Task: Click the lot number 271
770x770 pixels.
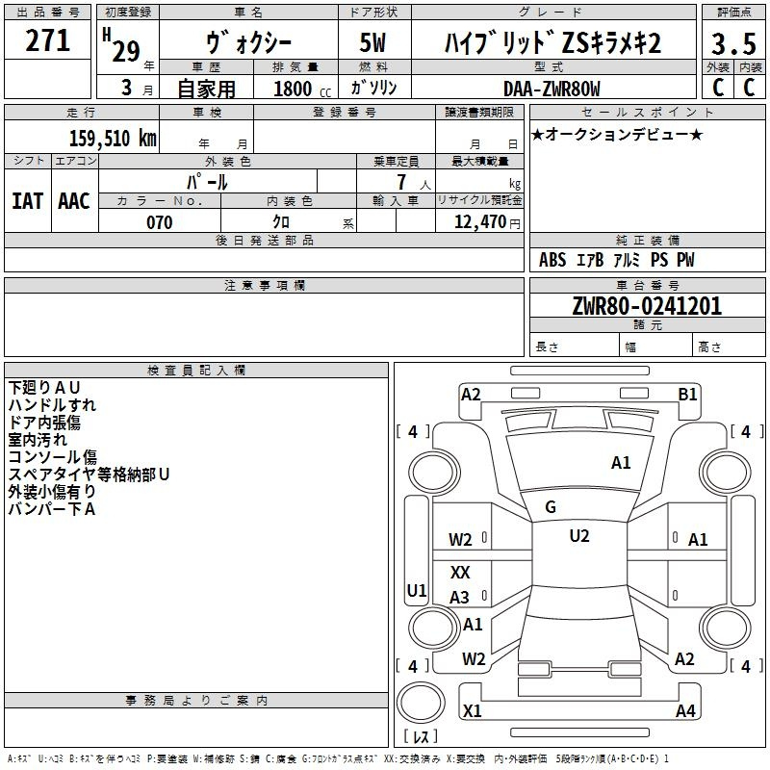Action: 47,40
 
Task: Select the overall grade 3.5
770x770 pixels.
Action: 733,43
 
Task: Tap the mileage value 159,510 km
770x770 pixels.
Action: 113,138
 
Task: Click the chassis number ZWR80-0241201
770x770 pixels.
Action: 647,305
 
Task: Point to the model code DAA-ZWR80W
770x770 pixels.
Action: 552,89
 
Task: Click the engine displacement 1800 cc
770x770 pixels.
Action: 302,89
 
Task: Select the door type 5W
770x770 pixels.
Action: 372,42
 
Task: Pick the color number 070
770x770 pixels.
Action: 160,222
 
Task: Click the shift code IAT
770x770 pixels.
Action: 27,201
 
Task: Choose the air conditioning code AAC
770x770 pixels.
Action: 74,201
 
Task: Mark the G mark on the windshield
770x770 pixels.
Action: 551,507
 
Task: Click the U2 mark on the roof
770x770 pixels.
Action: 579,536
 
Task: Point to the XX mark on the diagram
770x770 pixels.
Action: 460,572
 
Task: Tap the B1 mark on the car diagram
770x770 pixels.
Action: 687,395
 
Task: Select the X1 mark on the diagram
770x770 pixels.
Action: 472,710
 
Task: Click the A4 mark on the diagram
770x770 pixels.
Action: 685,710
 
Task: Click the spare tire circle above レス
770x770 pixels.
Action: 421,703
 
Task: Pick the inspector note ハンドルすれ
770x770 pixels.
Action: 52,405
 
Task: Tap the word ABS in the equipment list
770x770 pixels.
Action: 552,260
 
